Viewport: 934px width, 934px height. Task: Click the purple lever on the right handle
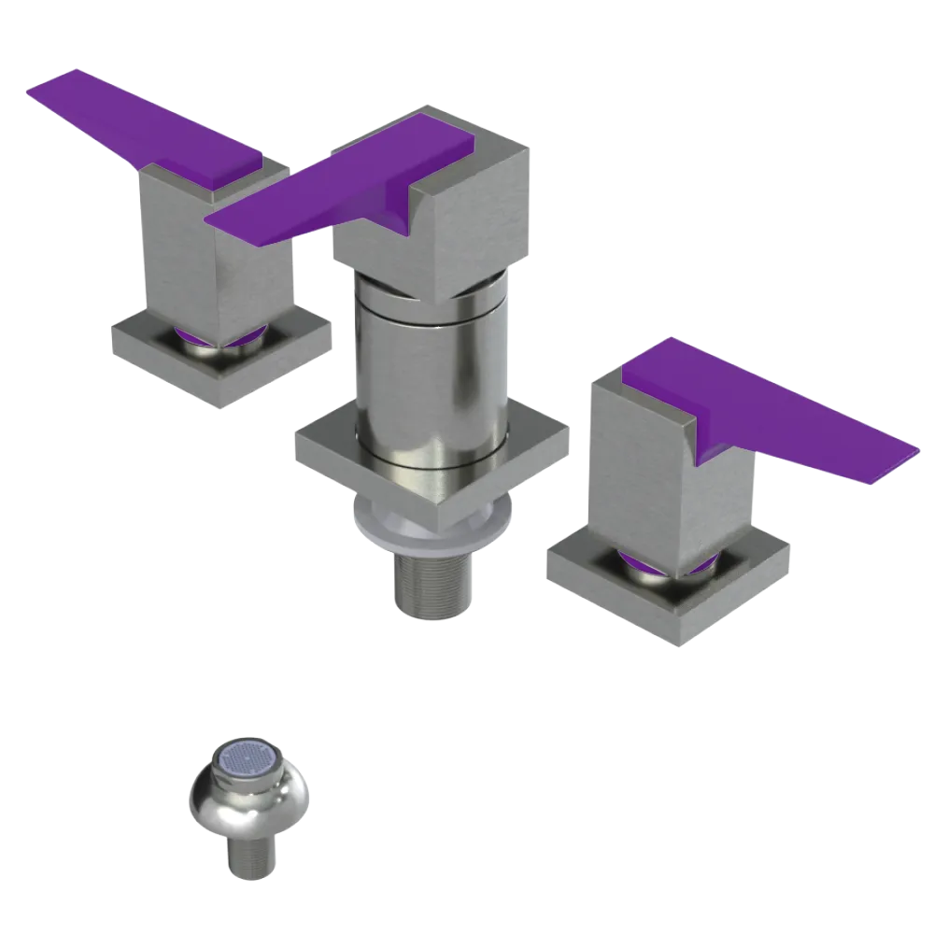766,402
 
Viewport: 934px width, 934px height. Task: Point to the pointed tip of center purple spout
211,222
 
